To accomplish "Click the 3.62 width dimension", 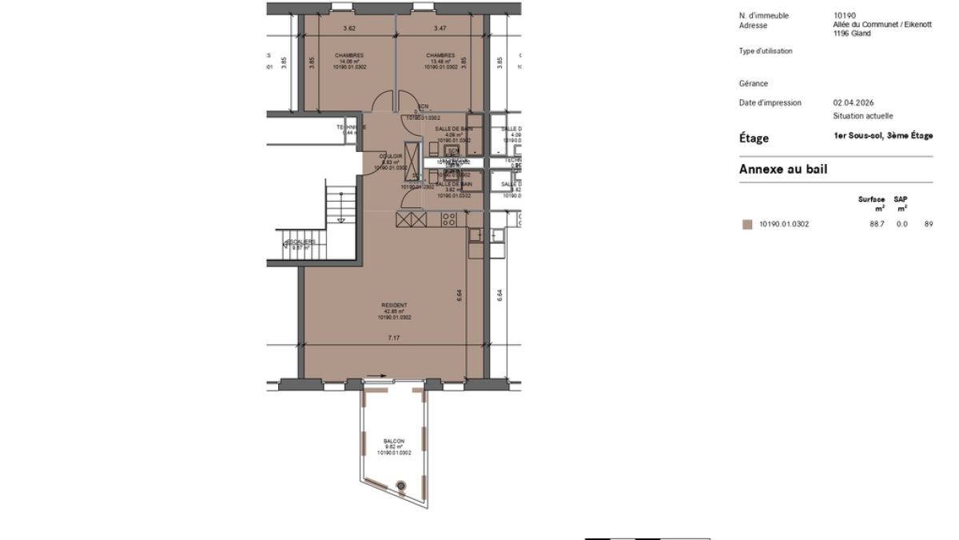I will [348, 29].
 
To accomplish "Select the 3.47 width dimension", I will [440, 29].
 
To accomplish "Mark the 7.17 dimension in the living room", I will [393, 338].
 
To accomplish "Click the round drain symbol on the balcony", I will [401, 484].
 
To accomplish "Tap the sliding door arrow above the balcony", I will [378, 375].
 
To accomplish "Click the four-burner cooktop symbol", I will [449, 219].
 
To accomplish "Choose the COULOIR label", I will [391, 157].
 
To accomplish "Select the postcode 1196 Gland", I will [852, 33].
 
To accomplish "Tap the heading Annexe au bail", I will [782, 169].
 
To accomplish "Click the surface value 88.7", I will [877, 224].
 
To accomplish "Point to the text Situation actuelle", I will [862, 116].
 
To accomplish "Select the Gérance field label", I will [753, 83].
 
